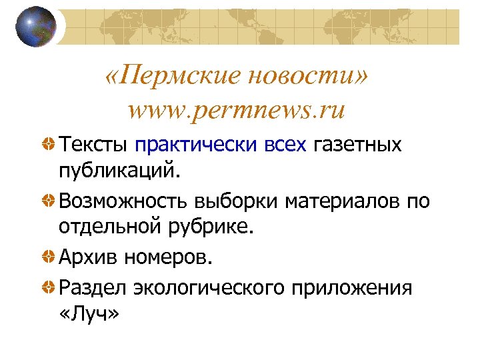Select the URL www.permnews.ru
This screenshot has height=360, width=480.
point(237,109)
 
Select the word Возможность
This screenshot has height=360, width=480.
point(124,199)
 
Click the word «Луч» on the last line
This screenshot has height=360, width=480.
point(88,313)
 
